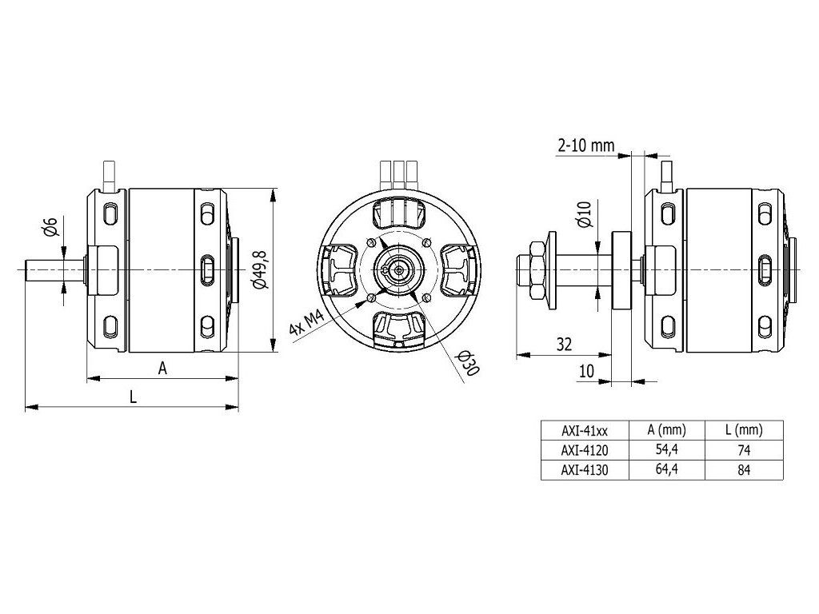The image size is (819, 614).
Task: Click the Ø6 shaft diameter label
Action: [x=50, y=227]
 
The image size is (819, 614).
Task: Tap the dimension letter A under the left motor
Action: [x=162, y=368]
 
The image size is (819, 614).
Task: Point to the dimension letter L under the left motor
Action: [x=133, y=397]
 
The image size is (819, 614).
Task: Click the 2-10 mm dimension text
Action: [x=585, y=145]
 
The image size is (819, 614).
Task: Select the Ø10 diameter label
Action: [x=584, y=215]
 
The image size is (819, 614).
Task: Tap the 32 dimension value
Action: [x=564, y=345]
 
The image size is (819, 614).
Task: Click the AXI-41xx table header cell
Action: [x=585, y=429]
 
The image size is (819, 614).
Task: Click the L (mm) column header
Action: [x=744, y=429]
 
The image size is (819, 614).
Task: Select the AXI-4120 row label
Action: [x=585, y=450]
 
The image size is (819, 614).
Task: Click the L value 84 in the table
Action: [x=744, y=470]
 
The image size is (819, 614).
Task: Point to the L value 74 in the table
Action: [x=744, y=450]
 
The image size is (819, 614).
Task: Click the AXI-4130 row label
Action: [x=585, y=470]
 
